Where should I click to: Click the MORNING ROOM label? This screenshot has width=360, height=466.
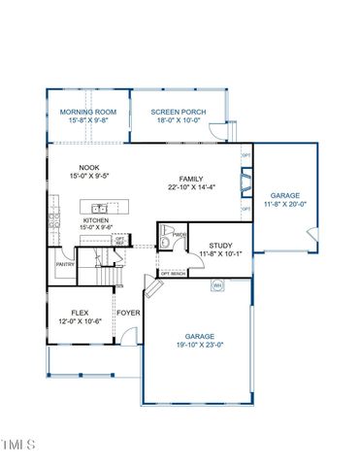[87, 113]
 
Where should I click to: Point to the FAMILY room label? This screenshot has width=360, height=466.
[191, 180]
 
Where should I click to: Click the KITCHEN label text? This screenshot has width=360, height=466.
[95, 221]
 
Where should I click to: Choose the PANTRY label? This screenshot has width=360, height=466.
[65, 264]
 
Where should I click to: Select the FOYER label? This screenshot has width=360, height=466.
[127, 314]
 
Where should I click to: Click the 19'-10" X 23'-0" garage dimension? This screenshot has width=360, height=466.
[198, 345]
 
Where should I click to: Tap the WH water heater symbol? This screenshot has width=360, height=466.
[218, 285]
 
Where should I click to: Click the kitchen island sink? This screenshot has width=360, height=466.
[98, 209]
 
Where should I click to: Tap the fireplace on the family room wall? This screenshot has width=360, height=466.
[246, 181]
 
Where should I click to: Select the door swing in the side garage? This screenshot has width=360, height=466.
[311, 234]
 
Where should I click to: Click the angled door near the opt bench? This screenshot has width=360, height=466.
[150, 289]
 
